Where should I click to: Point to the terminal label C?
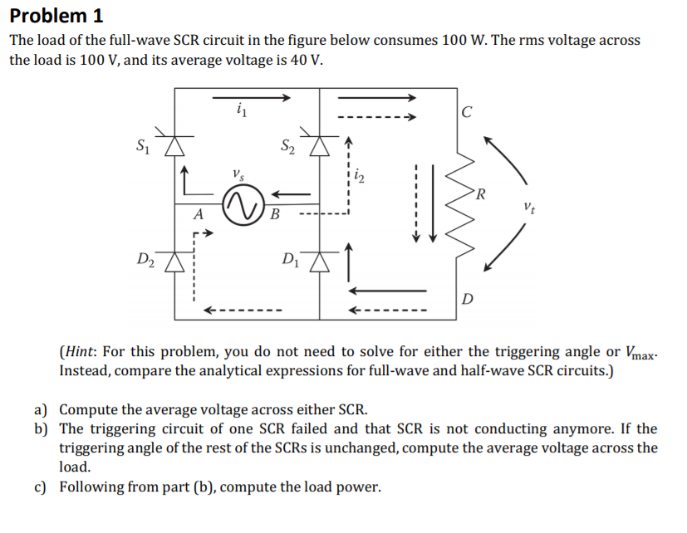[468, 113]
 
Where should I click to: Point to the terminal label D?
[468, 298]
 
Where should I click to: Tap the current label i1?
[242, 108]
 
